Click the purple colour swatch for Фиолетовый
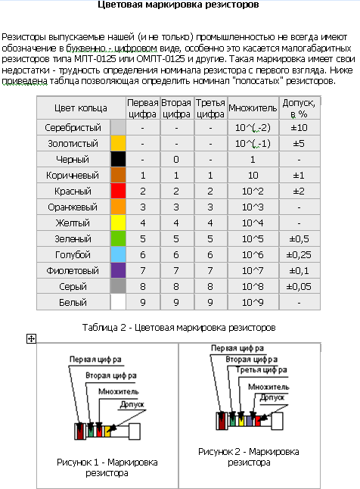pos(118,270)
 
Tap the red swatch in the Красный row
pos(118,191)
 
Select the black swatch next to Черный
pos(118,159)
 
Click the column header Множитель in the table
pos(253,108)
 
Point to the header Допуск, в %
pos(299,108)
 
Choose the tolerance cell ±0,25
pos(299,255)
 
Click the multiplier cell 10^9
pos(253,302)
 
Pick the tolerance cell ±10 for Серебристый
pos(299,128)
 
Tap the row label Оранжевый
pos(73,207)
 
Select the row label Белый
pos(73,302)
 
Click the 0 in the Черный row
pos(176,160)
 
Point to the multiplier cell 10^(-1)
pos(253,144)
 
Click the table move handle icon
pos(31,338)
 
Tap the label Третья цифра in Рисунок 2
pos(261,370)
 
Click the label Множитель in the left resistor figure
pos(119,391)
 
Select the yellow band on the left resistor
pos(107,431)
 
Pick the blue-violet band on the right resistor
pos(250,421)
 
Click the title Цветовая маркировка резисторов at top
pos(178,5)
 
